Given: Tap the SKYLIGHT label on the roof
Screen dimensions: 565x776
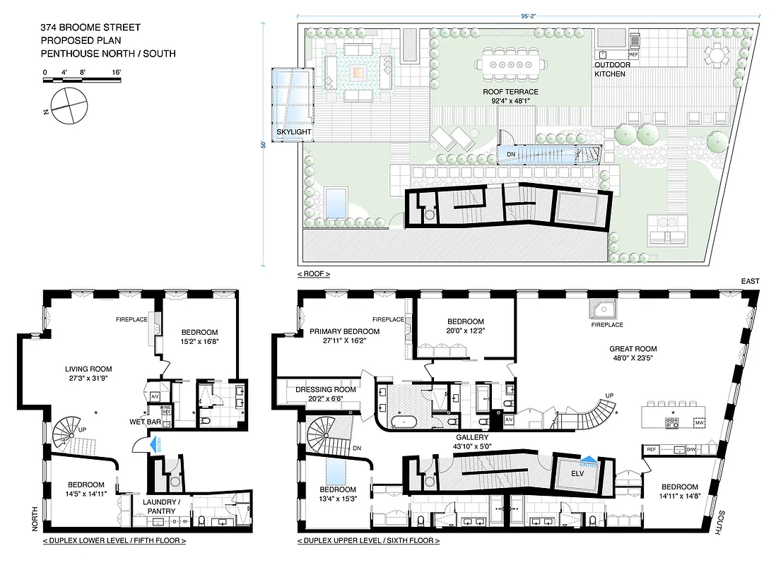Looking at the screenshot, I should [x=294, y=131].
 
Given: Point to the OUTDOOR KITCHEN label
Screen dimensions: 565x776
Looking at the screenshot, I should [x=611, y=69].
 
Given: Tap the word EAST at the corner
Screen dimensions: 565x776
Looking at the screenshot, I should [x=751, y=281].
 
